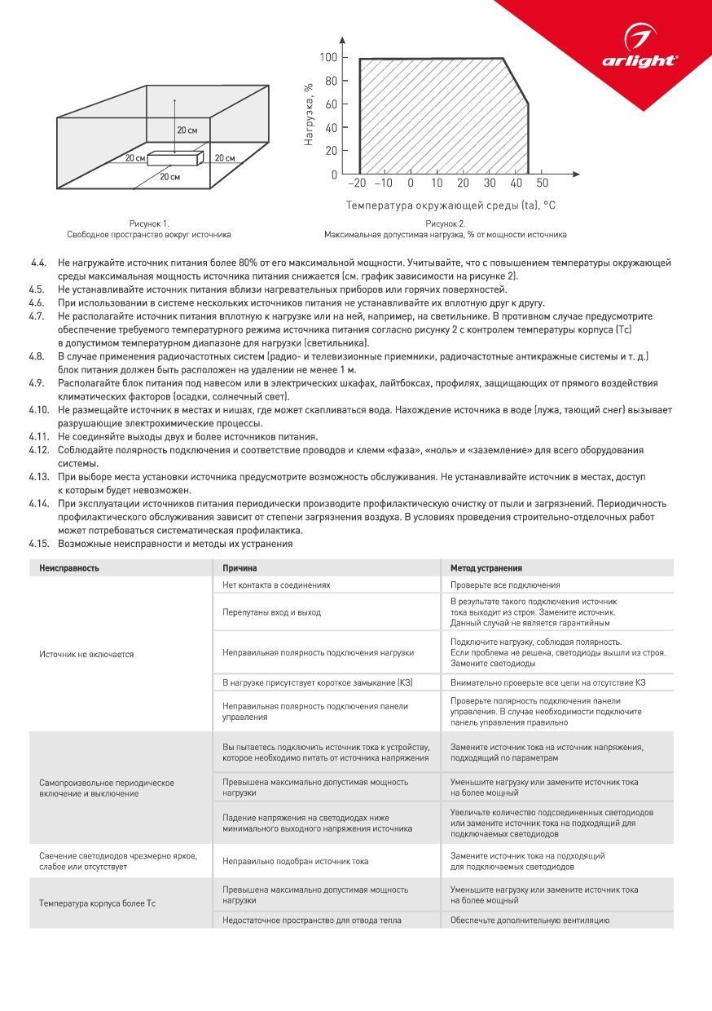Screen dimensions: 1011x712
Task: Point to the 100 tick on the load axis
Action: [x=328, y=57]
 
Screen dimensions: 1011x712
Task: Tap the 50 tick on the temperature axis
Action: [x=542, y=183]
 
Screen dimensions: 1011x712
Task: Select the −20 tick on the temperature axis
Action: [x=357, y=183]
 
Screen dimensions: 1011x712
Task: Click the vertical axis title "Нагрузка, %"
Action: [x=309, y=113]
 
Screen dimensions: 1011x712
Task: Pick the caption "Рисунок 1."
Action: [x=149, y=223]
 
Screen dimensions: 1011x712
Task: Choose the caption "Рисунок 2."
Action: [x=446, y=223]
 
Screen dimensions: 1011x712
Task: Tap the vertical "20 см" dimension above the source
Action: [x=187, y=130]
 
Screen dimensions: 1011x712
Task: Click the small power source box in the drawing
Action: [x=174, y=157]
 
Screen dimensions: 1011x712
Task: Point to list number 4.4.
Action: [x=38, y=263]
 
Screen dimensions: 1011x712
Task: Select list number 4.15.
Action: [x=38, y=544]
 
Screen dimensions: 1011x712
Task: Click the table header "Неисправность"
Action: [x=69, y=568]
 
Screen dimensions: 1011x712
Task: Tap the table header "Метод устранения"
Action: [x=486, y=568]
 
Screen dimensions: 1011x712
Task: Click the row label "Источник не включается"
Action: [x=86, y=654]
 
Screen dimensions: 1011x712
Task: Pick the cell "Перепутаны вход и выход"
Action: [x=271, y=611]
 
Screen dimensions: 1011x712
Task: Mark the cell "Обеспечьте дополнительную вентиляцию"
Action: [x=530, y=920]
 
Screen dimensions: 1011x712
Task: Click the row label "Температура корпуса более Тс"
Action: [x=97, y=903]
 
